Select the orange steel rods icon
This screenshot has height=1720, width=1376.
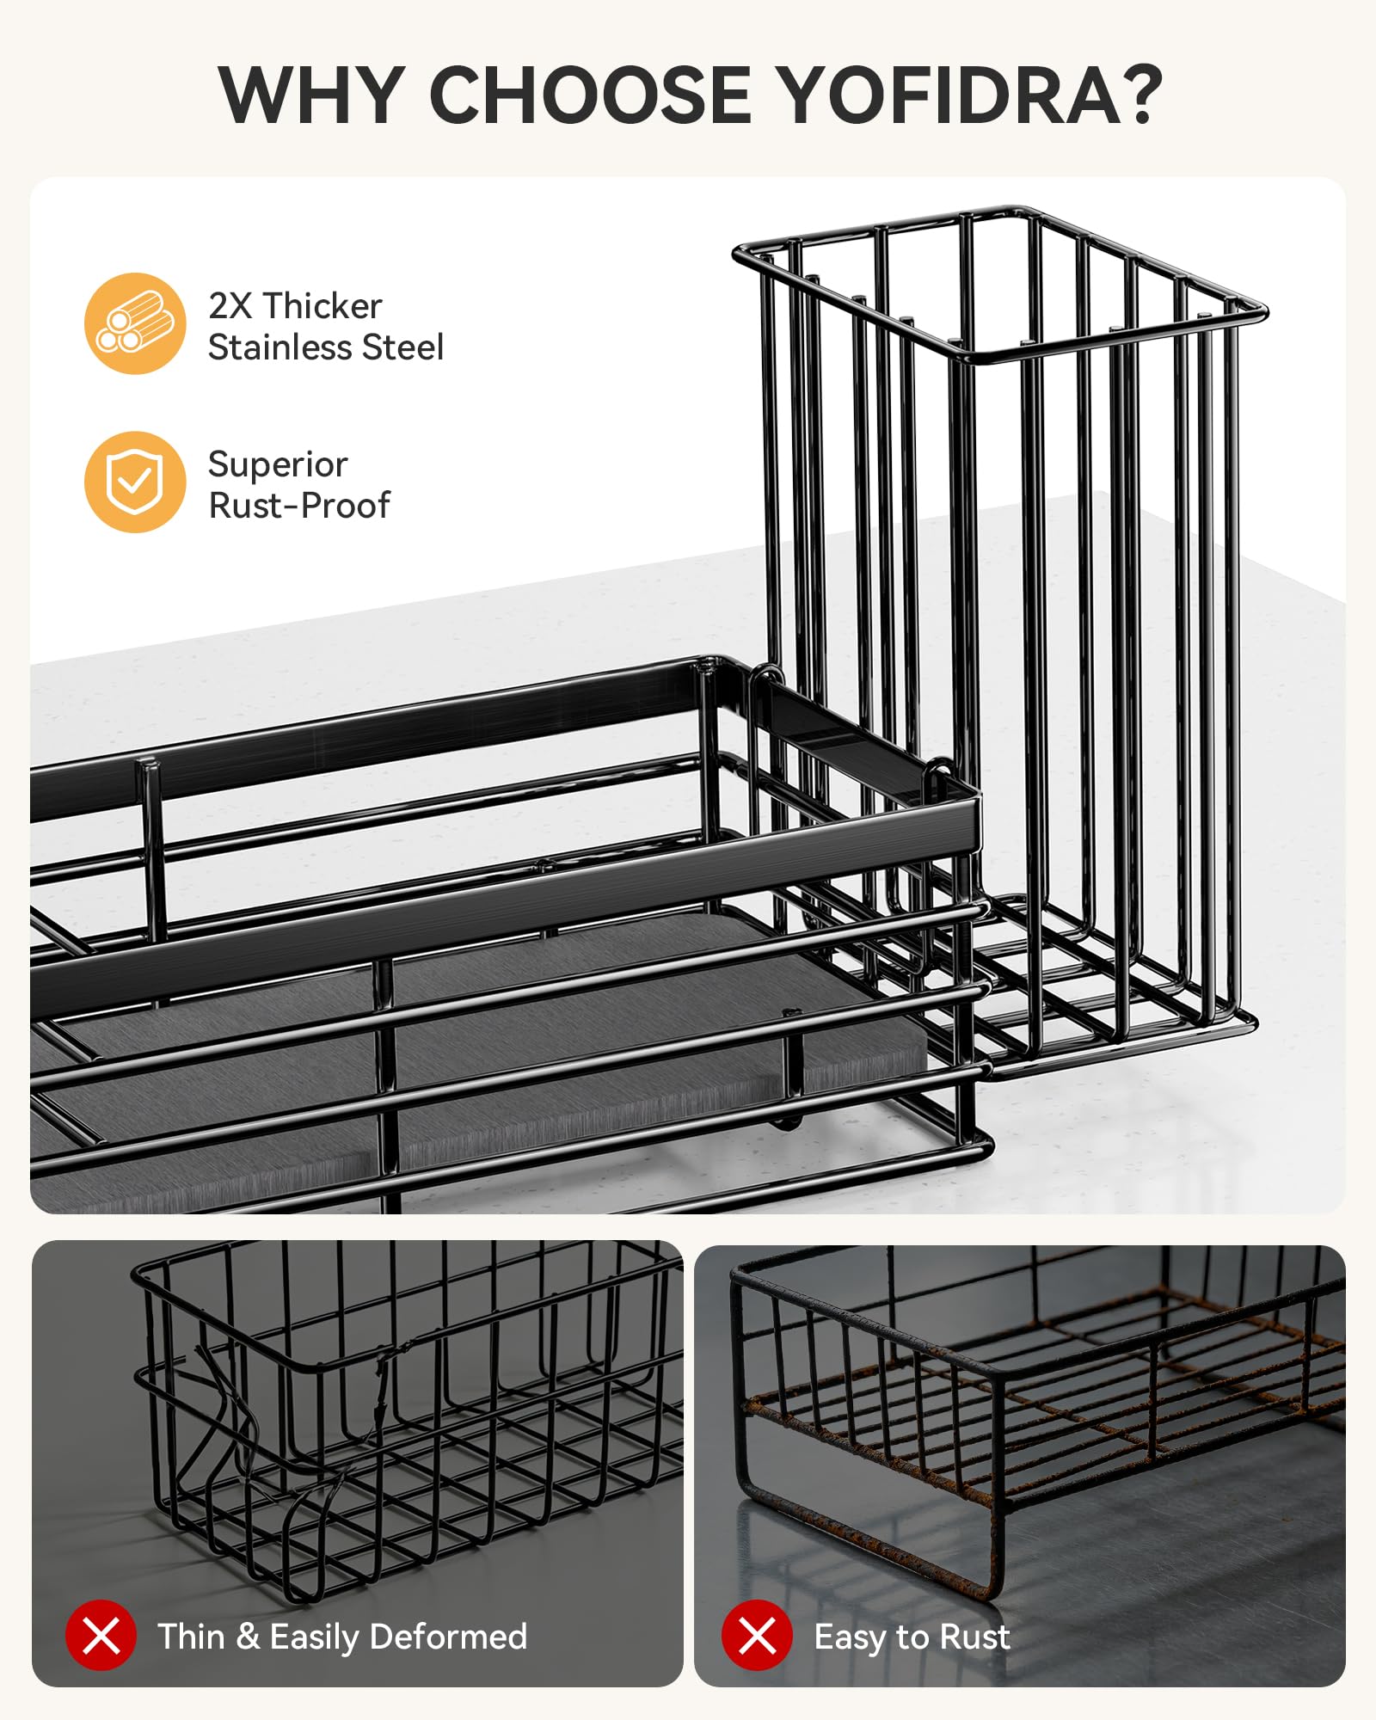[135, 323]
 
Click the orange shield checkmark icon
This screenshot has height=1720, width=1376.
[135, 482]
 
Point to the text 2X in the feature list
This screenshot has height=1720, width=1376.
[230, 306]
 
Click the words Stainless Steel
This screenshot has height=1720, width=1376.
[326, 347]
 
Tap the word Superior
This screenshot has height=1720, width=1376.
[278, 465]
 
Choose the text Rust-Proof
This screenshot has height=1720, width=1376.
[299, 506]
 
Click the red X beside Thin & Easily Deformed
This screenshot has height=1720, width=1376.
[101, 1635]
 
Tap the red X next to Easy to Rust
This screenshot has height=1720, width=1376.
[757, 1635]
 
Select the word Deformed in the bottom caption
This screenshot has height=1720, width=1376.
[448, 1637]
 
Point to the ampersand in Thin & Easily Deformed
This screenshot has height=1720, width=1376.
[248, 1637]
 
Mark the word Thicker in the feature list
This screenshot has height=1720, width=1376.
[322, 306]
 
